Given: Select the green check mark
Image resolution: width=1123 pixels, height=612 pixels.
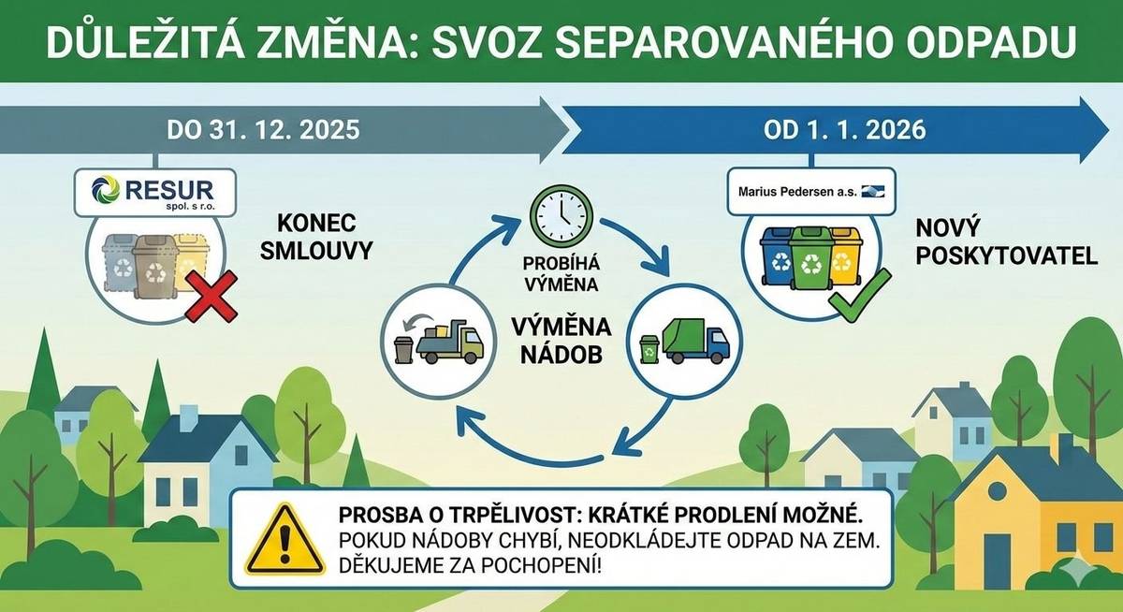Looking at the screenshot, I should point(850,299).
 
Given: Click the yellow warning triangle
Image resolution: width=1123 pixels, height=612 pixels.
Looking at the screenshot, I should point(284,544).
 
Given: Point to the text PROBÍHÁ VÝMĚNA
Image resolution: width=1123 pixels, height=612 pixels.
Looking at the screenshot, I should point(561,271).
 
